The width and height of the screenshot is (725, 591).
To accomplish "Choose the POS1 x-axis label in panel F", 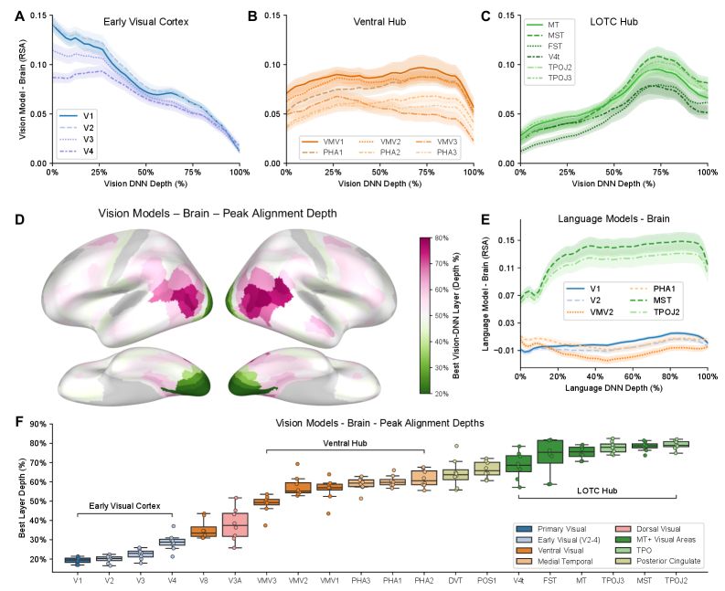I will (486, 579).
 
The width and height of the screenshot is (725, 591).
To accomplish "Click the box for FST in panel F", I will (549, 452).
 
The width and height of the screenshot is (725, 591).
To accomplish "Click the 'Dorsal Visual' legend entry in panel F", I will (631, 528).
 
